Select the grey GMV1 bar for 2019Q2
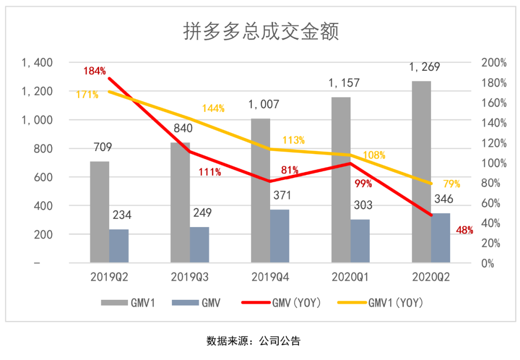point(100,212)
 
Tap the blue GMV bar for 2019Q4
point(280,236)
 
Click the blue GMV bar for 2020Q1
point(360,241)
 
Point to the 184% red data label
point(94,71)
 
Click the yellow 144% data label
point(213,108)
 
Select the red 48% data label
point(465,230)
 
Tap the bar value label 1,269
point(425,67)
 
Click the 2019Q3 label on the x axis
point(190,278)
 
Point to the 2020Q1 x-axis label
point(350,278)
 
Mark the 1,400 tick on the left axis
point(37,63)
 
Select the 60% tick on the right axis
point(494,203)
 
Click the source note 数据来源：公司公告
point(254,341)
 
